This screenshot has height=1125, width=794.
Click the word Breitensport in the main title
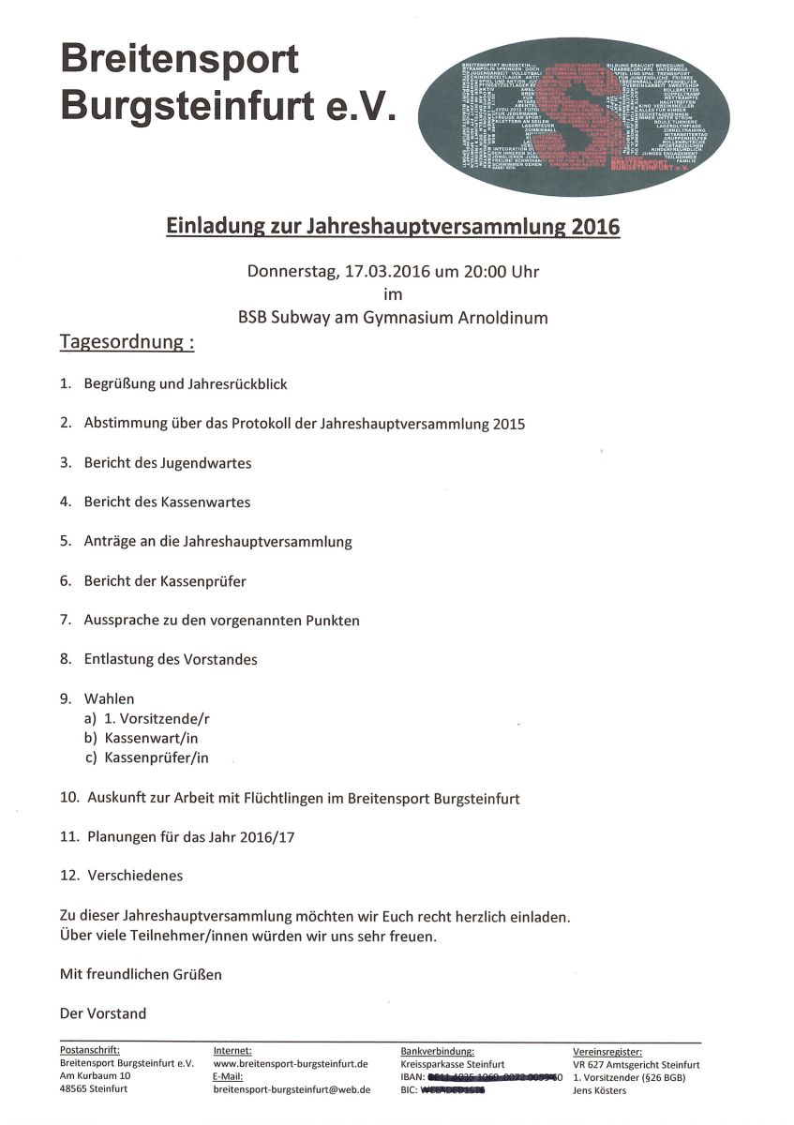[x=180, y=59]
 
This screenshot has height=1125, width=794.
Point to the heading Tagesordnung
[x=127, y=341]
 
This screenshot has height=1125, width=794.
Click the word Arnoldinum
[x=502, y=318]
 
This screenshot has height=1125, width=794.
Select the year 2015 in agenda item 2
[x=507, y=424]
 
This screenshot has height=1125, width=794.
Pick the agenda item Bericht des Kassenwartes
[x=167, y=502]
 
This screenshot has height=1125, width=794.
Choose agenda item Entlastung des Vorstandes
[x=171, y=659]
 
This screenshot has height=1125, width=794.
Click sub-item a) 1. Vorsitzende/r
[x=156, y=718]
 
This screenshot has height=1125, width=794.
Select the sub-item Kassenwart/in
[x=151, y=738]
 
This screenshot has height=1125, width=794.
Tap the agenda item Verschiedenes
[x=135, y=876]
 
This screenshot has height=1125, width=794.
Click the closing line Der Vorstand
[x=103, y=1013]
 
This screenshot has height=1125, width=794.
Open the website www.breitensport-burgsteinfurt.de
[x=291, y=1064]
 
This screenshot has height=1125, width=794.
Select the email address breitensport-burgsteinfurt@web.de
[x=292, y=1090]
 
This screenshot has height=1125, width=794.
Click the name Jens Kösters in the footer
[x=600, y=1090]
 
